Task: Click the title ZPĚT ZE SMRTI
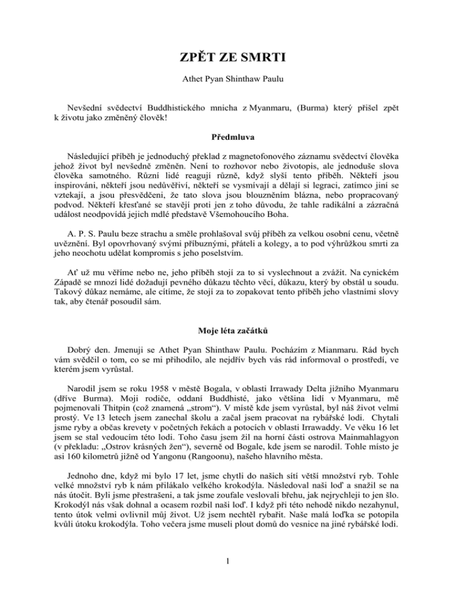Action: tap(227, 60)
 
